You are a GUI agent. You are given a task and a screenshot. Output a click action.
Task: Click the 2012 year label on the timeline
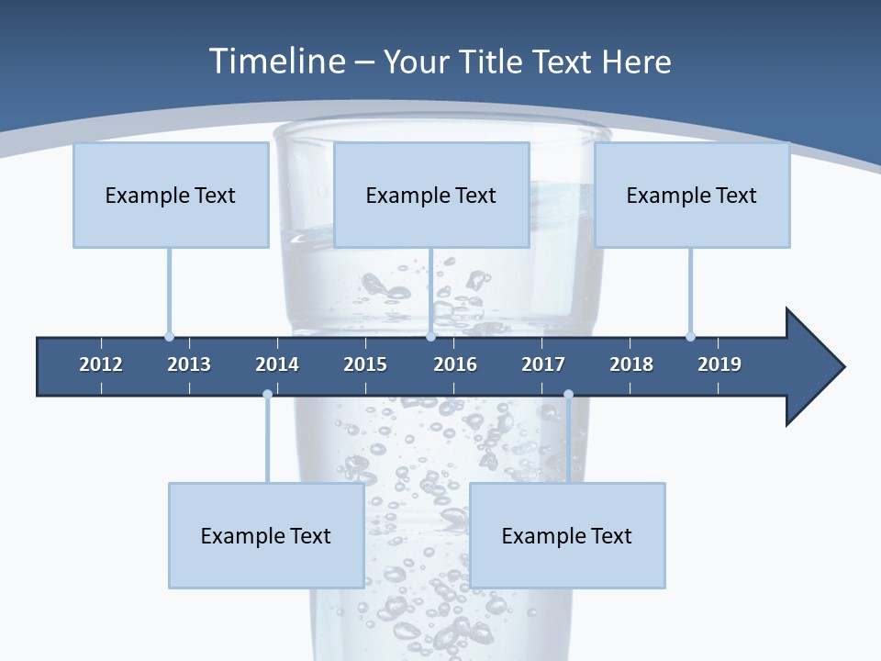pyautogui.click(x=101, y=364)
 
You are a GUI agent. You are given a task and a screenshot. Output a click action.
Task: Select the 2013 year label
pyautogui.click(x=189, y=364)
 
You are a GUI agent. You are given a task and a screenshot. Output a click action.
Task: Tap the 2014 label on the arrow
pyautogui.click(x=277, y=364)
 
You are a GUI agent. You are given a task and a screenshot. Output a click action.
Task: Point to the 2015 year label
pyautogui.click(x=365, y=364)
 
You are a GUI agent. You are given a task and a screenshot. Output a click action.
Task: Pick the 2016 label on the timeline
pyautogui.click(x=455, y=364)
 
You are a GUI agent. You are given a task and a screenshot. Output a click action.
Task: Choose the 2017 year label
pyautogui.click(x=543, y=364)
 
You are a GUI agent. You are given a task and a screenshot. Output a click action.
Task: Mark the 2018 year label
pyautogui.click(x=631, y=364)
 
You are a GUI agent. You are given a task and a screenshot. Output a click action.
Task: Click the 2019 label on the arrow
pyautogui.click(x=719, y=364)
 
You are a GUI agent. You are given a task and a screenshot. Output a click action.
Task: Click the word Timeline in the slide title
pyautogui.click(x=275, y=62)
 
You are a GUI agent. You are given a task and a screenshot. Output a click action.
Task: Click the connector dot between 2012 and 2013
pyautogui.click(x=169, y=336)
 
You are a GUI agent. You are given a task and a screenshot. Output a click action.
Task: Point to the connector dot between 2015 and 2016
pyautogui.click(x=430, y=336)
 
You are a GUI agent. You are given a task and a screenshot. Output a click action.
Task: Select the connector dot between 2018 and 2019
pyautogui.click(x=690, y=336)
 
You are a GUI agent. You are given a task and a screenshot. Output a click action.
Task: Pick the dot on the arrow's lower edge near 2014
pyautogui.click(x=267, y=395)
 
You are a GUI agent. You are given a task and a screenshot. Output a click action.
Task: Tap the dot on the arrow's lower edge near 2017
pyautogui.click(x=568, y=395)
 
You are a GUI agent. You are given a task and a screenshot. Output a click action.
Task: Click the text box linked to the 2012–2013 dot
pyautogui.click(x=171, y=195)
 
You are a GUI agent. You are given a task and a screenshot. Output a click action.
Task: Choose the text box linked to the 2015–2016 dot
pyautogui.click(x=431, y=195)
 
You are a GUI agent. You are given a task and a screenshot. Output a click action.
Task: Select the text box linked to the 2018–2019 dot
pyautogui.click(x=692, y=195)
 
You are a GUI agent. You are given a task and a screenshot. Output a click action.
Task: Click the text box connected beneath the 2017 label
pyautogui.click(x=567, y=535)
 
